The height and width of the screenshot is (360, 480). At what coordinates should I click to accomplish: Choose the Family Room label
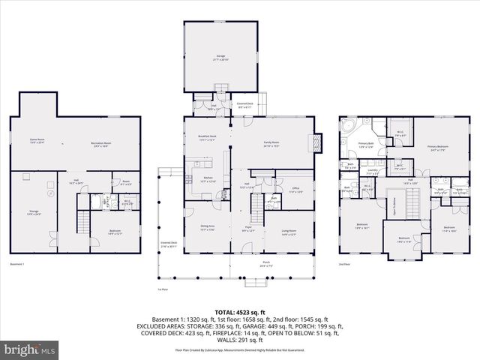(x=271, y=142)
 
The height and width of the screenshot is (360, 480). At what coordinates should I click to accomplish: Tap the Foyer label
(x=248, y=229)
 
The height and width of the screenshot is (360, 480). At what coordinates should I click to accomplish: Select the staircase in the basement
(x=83, y=223)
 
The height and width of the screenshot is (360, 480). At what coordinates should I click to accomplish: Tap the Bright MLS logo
(x=30, y=349)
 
